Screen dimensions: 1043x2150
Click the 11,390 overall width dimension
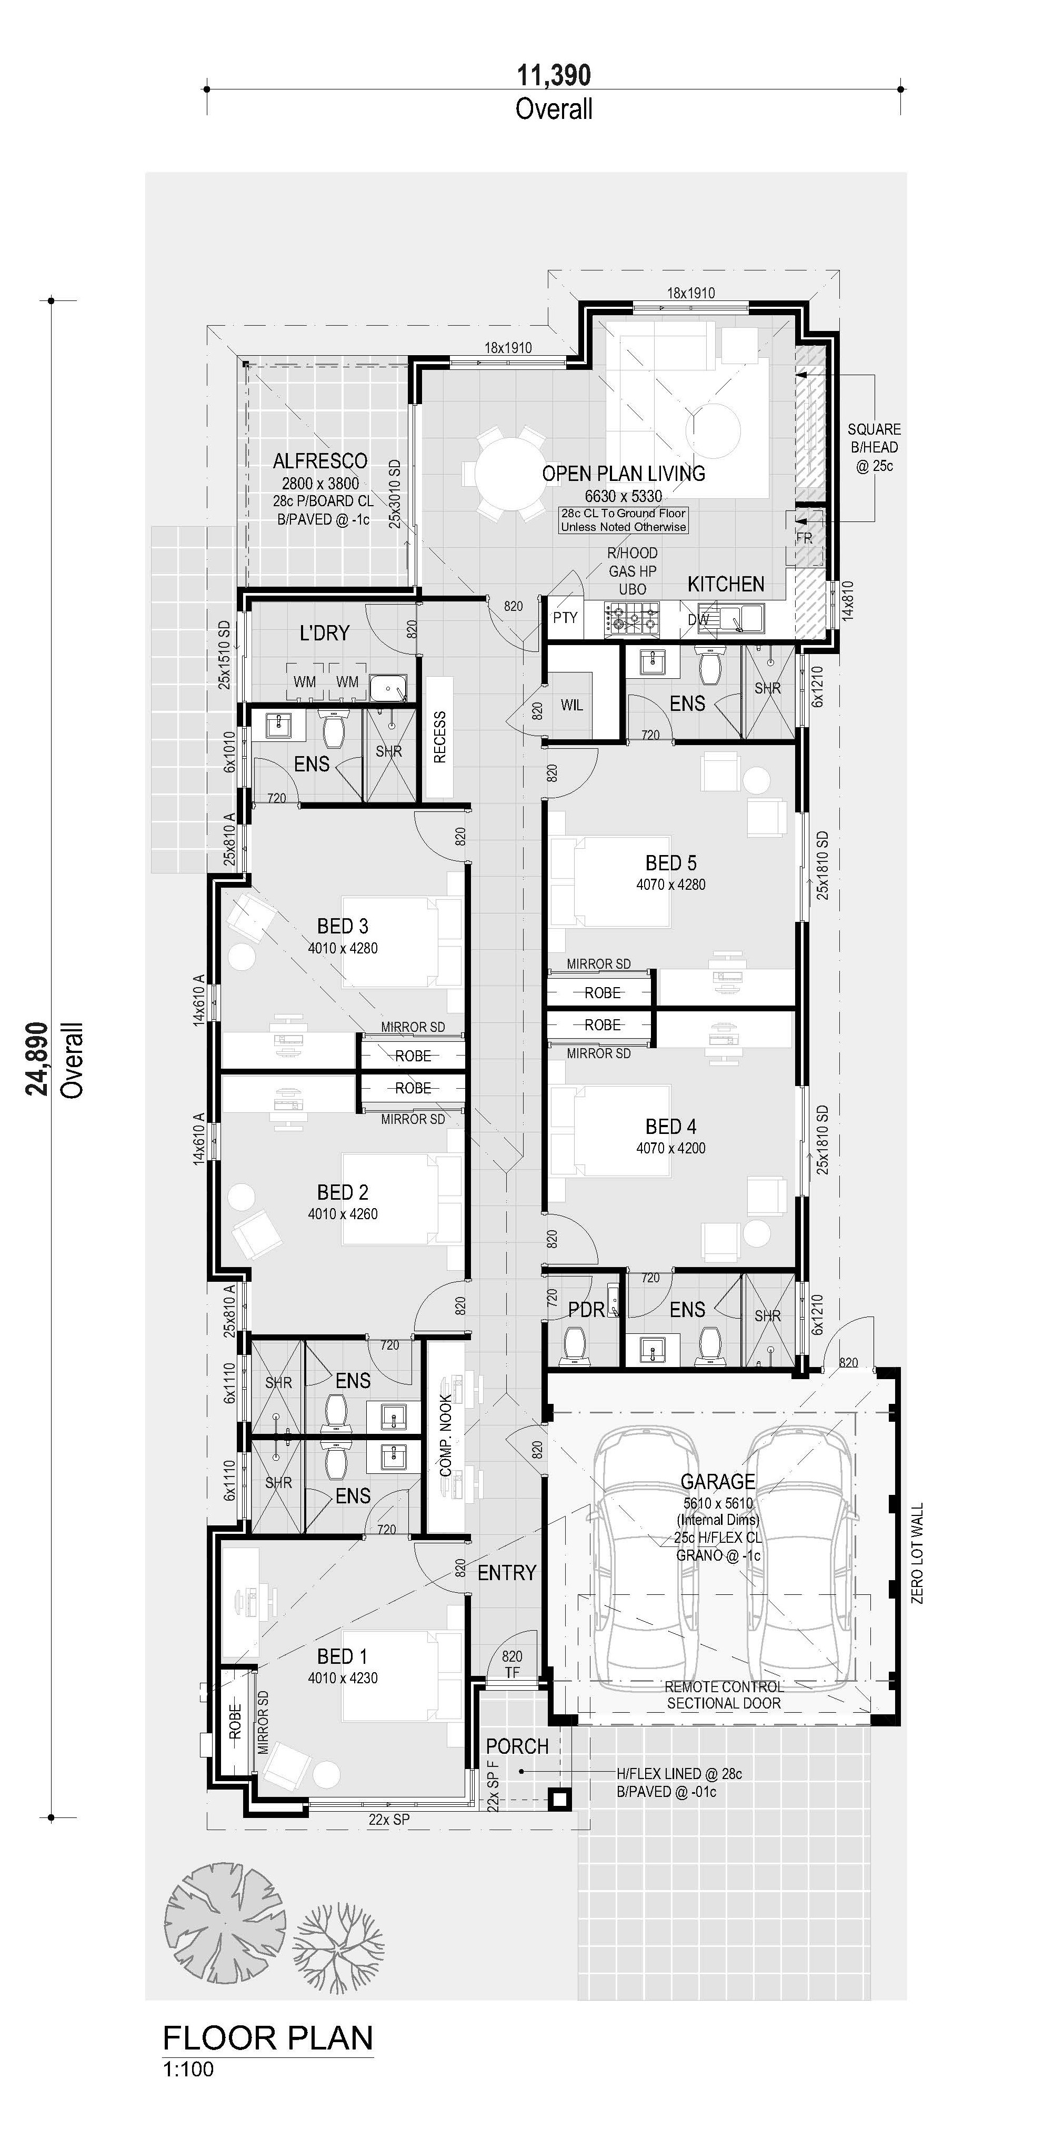554,75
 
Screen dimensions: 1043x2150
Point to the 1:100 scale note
188,2069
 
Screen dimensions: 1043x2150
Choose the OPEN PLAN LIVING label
623,473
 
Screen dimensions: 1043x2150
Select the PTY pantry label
565,618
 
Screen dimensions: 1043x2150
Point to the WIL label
571,705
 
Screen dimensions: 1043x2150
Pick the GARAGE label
718,1481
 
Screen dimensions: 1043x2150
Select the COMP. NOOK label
446,1435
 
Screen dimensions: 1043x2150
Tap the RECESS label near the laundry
440,737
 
